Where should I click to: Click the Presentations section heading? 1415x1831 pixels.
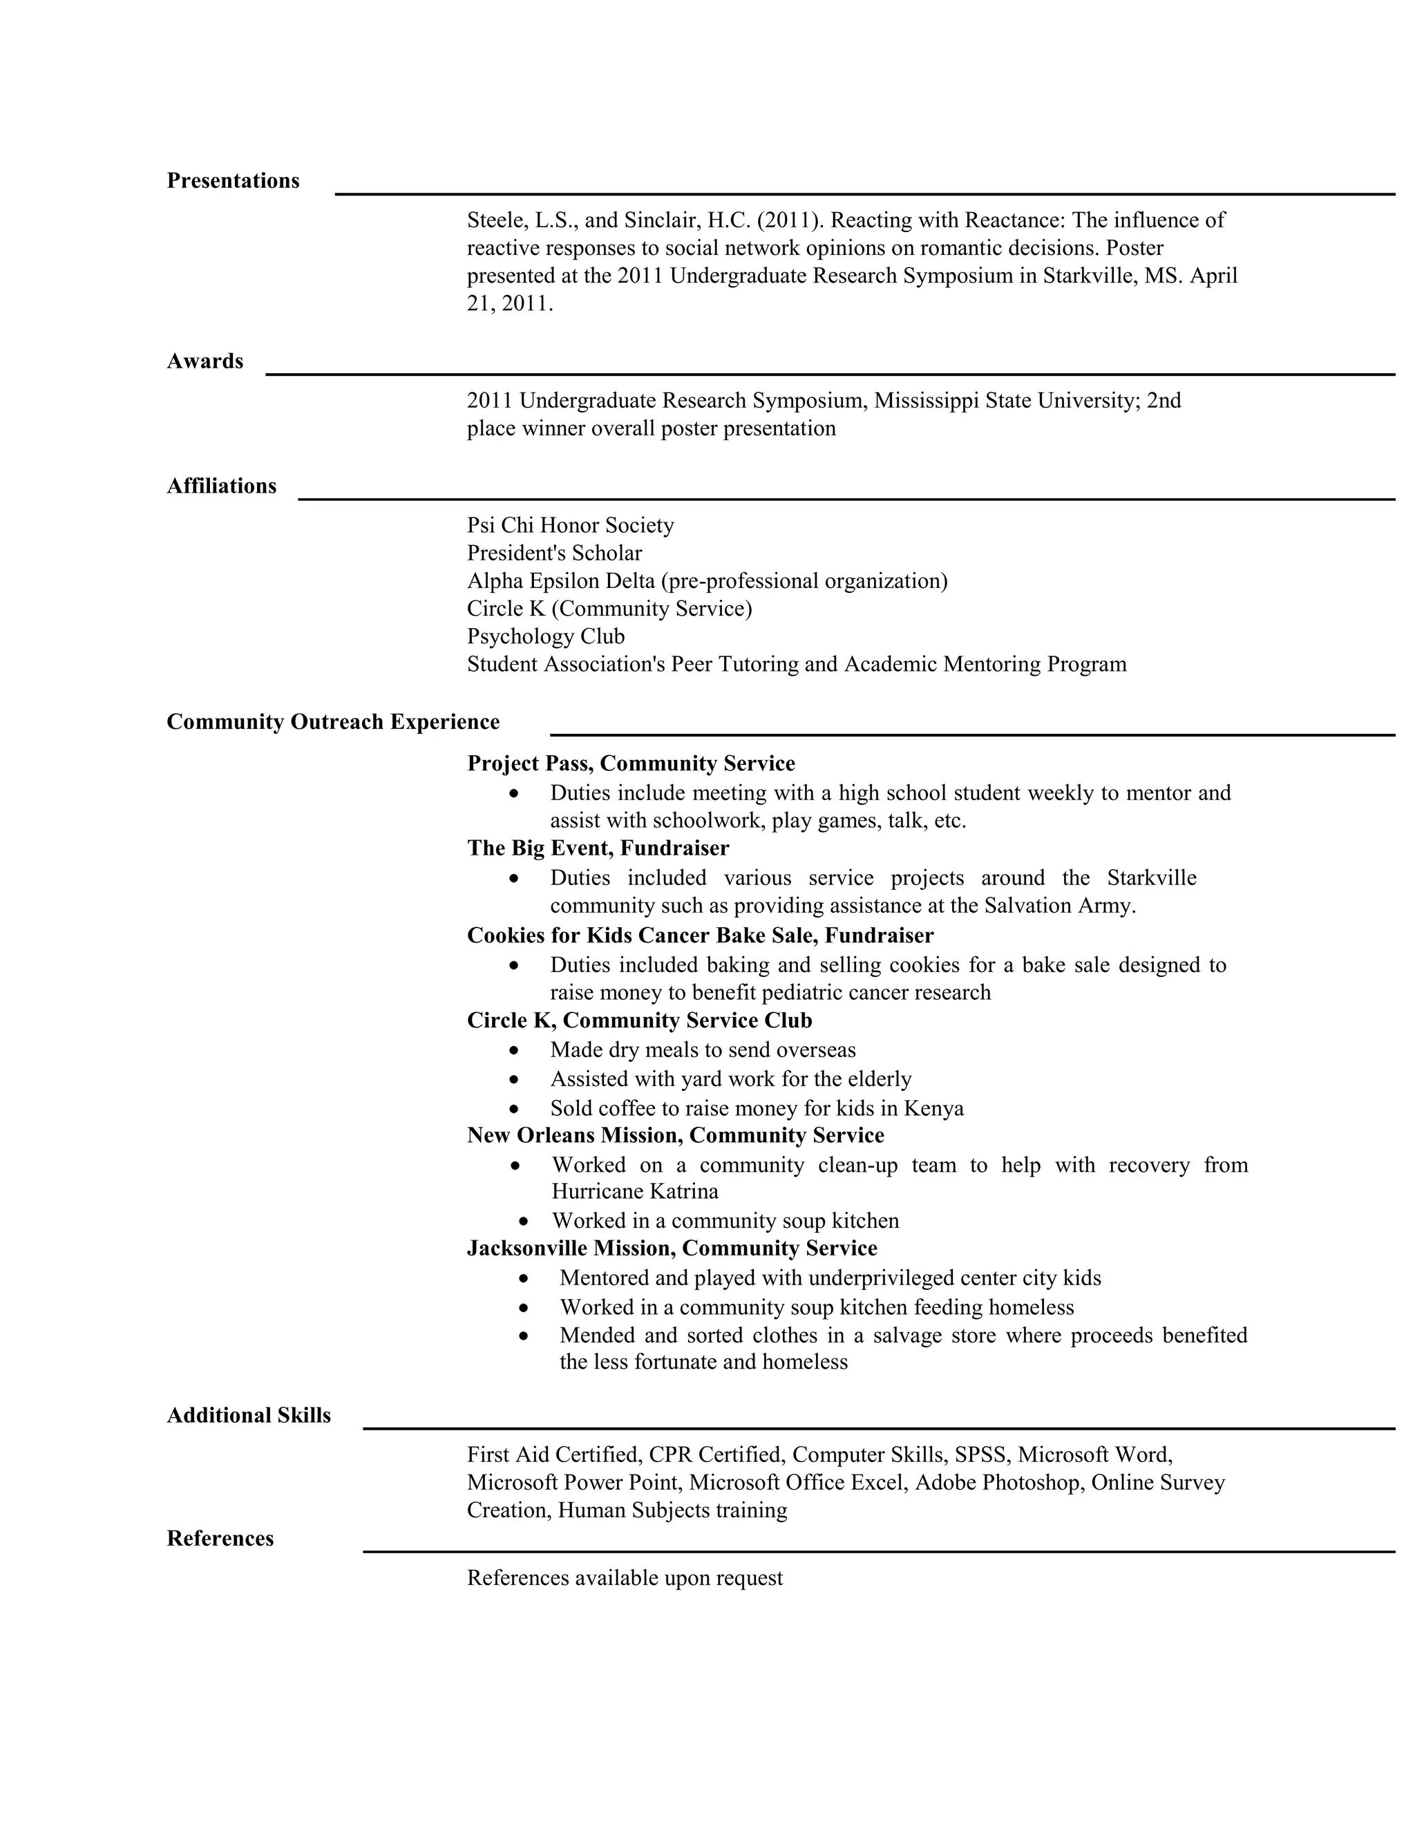click(x=232, y=181)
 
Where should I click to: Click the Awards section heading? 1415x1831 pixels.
click(x=205, y=361)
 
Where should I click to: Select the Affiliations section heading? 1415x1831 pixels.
click(x=221, y=486)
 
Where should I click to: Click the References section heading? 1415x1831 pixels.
click(x=220, y=1539)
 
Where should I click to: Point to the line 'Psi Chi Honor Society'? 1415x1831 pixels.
click(x=570, y=526)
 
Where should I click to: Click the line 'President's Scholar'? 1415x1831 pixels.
click(x=554, y=553)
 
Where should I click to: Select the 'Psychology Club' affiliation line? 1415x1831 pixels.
click(x=546, y=636)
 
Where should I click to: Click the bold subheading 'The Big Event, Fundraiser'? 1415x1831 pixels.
click(x=598, y=848)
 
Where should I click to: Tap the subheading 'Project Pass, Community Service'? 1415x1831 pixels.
click(x=630, y=763)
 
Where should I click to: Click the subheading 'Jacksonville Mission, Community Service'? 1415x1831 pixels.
click(x=672, y=1249)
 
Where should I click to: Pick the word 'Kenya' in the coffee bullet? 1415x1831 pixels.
click(x=933, y=1108)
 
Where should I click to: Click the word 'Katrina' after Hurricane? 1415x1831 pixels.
click(x=681, y=1191)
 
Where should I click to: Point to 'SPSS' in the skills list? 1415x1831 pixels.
click(x=979, y=1454)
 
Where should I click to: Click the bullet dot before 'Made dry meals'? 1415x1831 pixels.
click(x=514, y=1050)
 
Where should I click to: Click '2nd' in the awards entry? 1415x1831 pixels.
click(x=1164, y=401)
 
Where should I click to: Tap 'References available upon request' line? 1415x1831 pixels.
click(x=625, y=1578)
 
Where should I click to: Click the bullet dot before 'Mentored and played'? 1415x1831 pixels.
click(x=524, y=1278)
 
